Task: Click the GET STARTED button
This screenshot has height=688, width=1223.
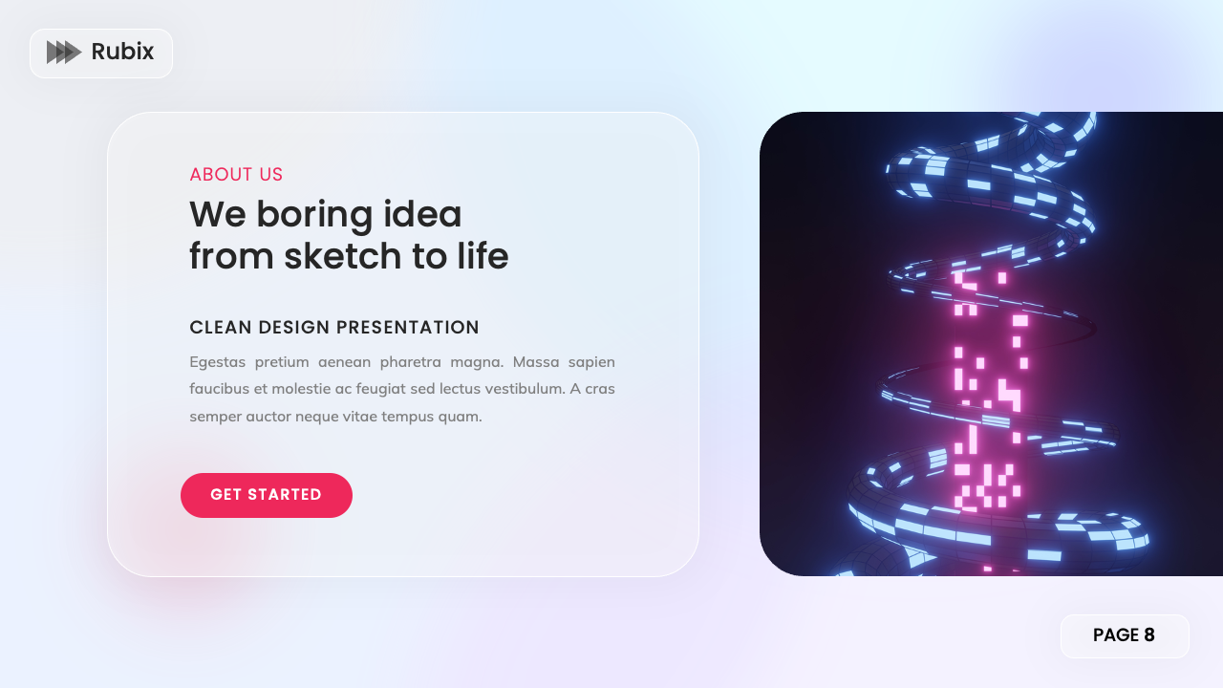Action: [x=266, y=495]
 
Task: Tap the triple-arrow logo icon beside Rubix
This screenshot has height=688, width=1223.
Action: [x=64, y=53]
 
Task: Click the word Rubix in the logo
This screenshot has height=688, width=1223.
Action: [x=122, y=52]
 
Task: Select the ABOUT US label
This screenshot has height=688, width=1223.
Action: [x=236, y=175]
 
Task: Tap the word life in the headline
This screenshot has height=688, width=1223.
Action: [x=480, y=256]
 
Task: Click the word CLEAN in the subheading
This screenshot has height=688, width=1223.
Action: [x=221, y=328]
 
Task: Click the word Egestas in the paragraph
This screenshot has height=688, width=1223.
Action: [x=217, y=362]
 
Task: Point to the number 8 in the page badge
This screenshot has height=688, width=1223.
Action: [x=1149, y=635]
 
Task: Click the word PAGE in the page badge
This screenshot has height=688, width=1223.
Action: [x=1115, y=635]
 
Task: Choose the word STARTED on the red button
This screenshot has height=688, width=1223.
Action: [x=285, y=495]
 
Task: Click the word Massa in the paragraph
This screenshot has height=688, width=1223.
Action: [x=536, y=362]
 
